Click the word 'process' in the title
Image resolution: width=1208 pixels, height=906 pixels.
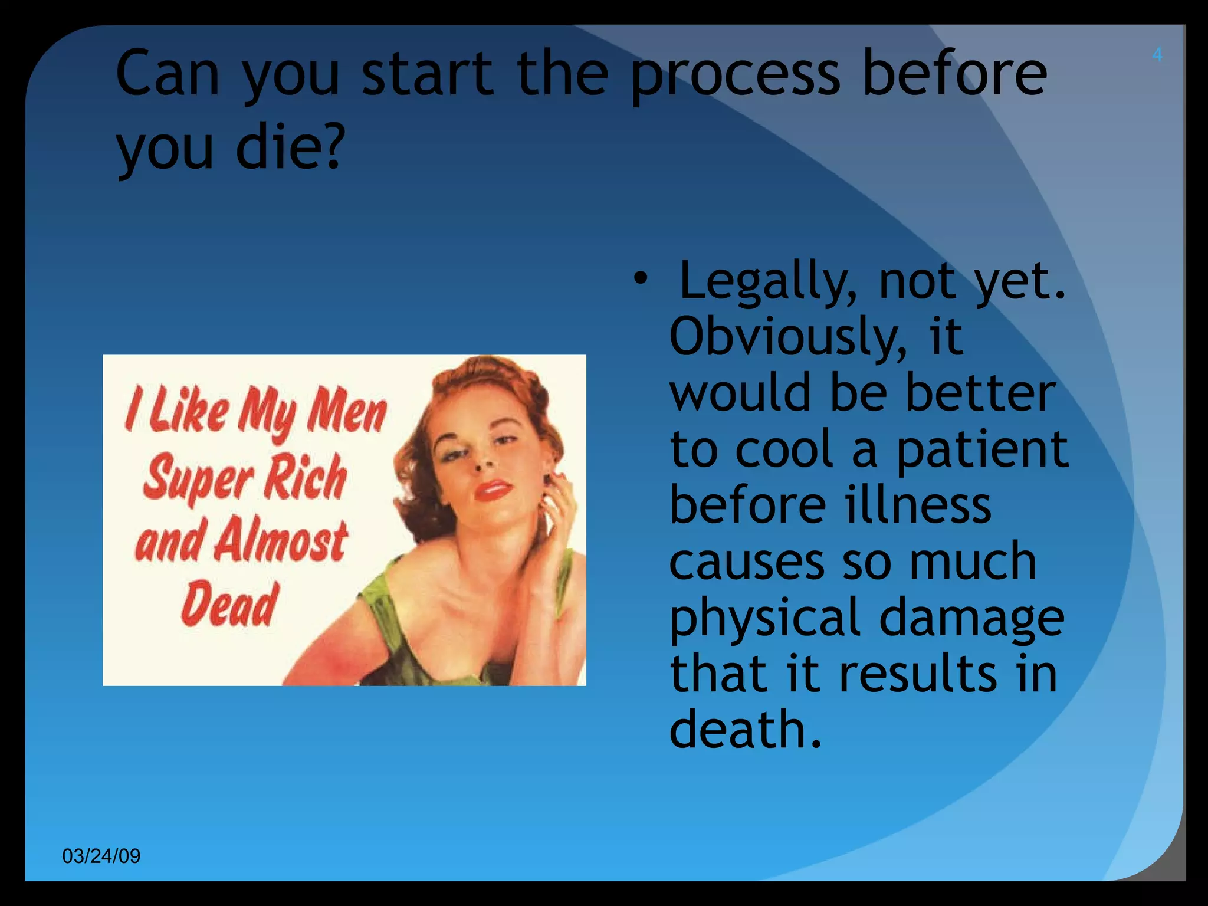(x=735, y=75)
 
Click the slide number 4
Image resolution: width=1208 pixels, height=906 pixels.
(x=1157, y=55)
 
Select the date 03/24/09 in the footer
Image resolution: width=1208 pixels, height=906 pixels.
(x=101, y=856)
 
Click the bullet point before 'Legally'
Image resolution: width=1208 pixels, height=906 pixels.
(x=641, y=278)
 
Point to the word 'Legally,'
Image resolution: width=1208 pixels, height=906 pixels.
(x=767, y=282)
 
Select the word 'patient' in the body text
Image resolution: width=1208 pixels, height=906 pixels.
(x=981, y=449)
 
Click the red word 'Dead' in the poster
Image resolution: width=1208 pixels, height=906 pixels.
(x=229, y=604)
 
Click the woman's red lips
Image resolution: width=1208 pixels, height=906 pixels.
(x=493, y=490)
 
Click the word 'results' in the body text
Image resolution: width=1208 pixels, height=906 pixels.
(x=918, y=674)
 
